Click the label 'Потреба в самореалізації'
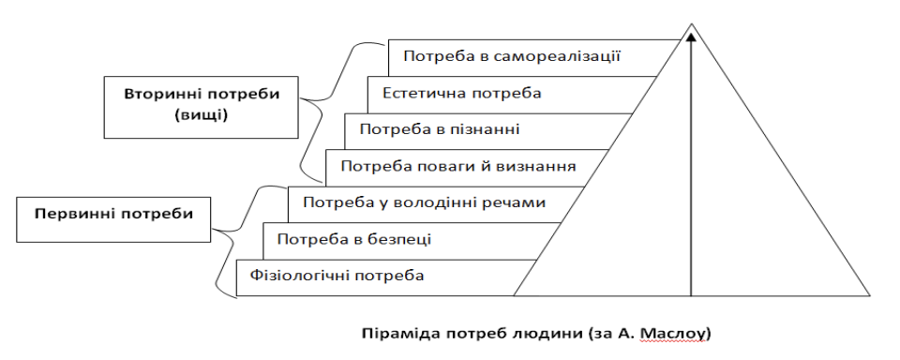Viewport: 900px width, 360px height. [514, 55]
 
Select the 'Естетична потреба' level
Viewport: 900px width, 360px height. [462, 93]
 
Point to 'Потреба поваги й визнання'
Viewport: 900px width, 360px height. [458, 166]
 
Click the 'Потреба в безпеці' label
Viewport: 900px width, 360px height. [354, 239]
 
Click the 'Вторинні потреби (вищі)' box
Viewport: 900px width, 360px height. [202, 105]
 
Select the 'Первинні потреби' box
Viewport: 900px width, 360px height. [113, 214]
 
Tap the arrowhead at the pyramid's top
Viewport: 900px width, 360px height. [691, 37]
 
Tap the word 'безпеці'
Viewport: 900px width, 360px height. [401, 239]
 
